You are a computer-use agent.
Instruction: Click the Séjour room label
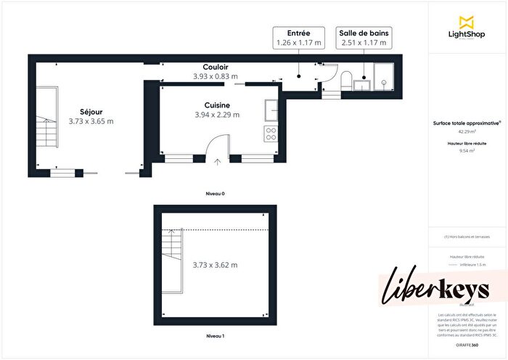91,112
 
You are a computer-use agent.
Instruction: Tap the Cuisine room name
217,105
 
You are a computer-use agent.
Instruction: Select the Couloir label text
216,67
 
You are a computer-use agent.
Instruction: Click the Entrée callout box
299,38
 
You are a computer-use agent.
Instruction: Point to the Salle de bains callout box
364,38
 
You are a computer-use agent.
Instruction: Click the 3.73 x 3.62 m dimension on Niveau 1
215,265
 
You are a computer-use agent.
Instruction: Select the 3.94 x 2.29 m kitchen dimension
217,115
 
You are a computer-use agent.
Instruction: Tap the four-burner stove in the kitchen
271,134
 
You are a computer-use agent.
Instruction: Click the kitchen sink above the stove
271,110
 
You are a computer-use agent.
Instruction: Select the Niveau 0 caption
216,195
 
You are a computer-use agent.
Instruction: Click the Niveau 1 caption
215,337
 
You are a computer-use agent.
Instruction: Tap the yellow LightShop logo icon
467,22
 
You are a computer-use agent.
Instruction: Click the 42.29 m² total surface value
467,131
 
